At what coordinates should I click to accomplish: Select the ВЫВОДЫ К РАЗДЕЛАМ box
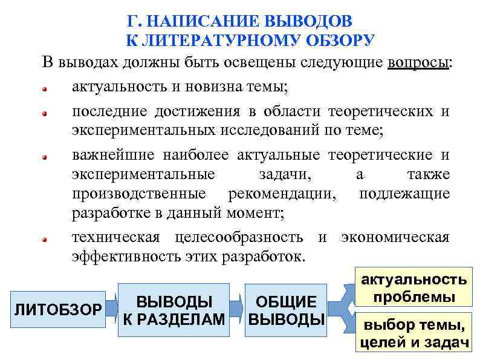[174, 310]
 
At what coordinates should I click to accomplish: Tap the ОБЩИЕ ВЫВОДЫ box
[286, 310]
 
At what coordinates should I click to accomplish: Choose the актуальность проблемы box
[414, 289]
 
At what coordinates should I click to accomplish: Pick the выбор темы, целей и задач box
[414, 335]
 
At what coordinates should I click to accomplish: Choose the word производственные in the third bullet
[139, 194]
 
